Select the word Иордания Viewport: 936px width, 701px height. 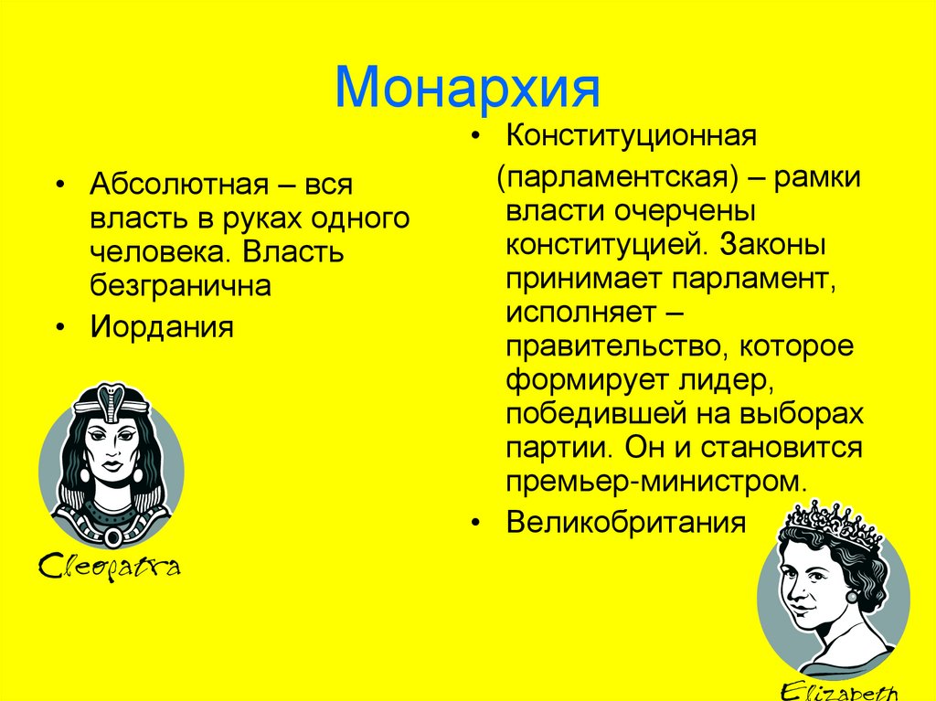tap(162, 326)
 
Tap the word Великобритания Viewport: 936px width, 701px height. tap(626, 523)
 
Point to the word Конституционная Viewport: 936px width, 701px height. tap(632, 137)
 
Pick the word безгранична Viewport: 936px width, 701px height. tap(180, 286)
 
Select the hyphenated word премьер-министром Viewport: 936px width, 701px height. tap(655, 481)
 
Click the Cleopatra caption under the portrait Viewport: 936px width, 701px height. tap(109, 567)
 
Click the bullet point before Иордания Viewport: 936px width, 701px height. tap(59, 327)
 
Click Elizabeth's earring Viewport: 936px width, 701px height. tap(852, 597)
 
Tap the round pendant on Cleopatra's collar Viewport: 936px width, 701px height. tap(112, 537)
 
